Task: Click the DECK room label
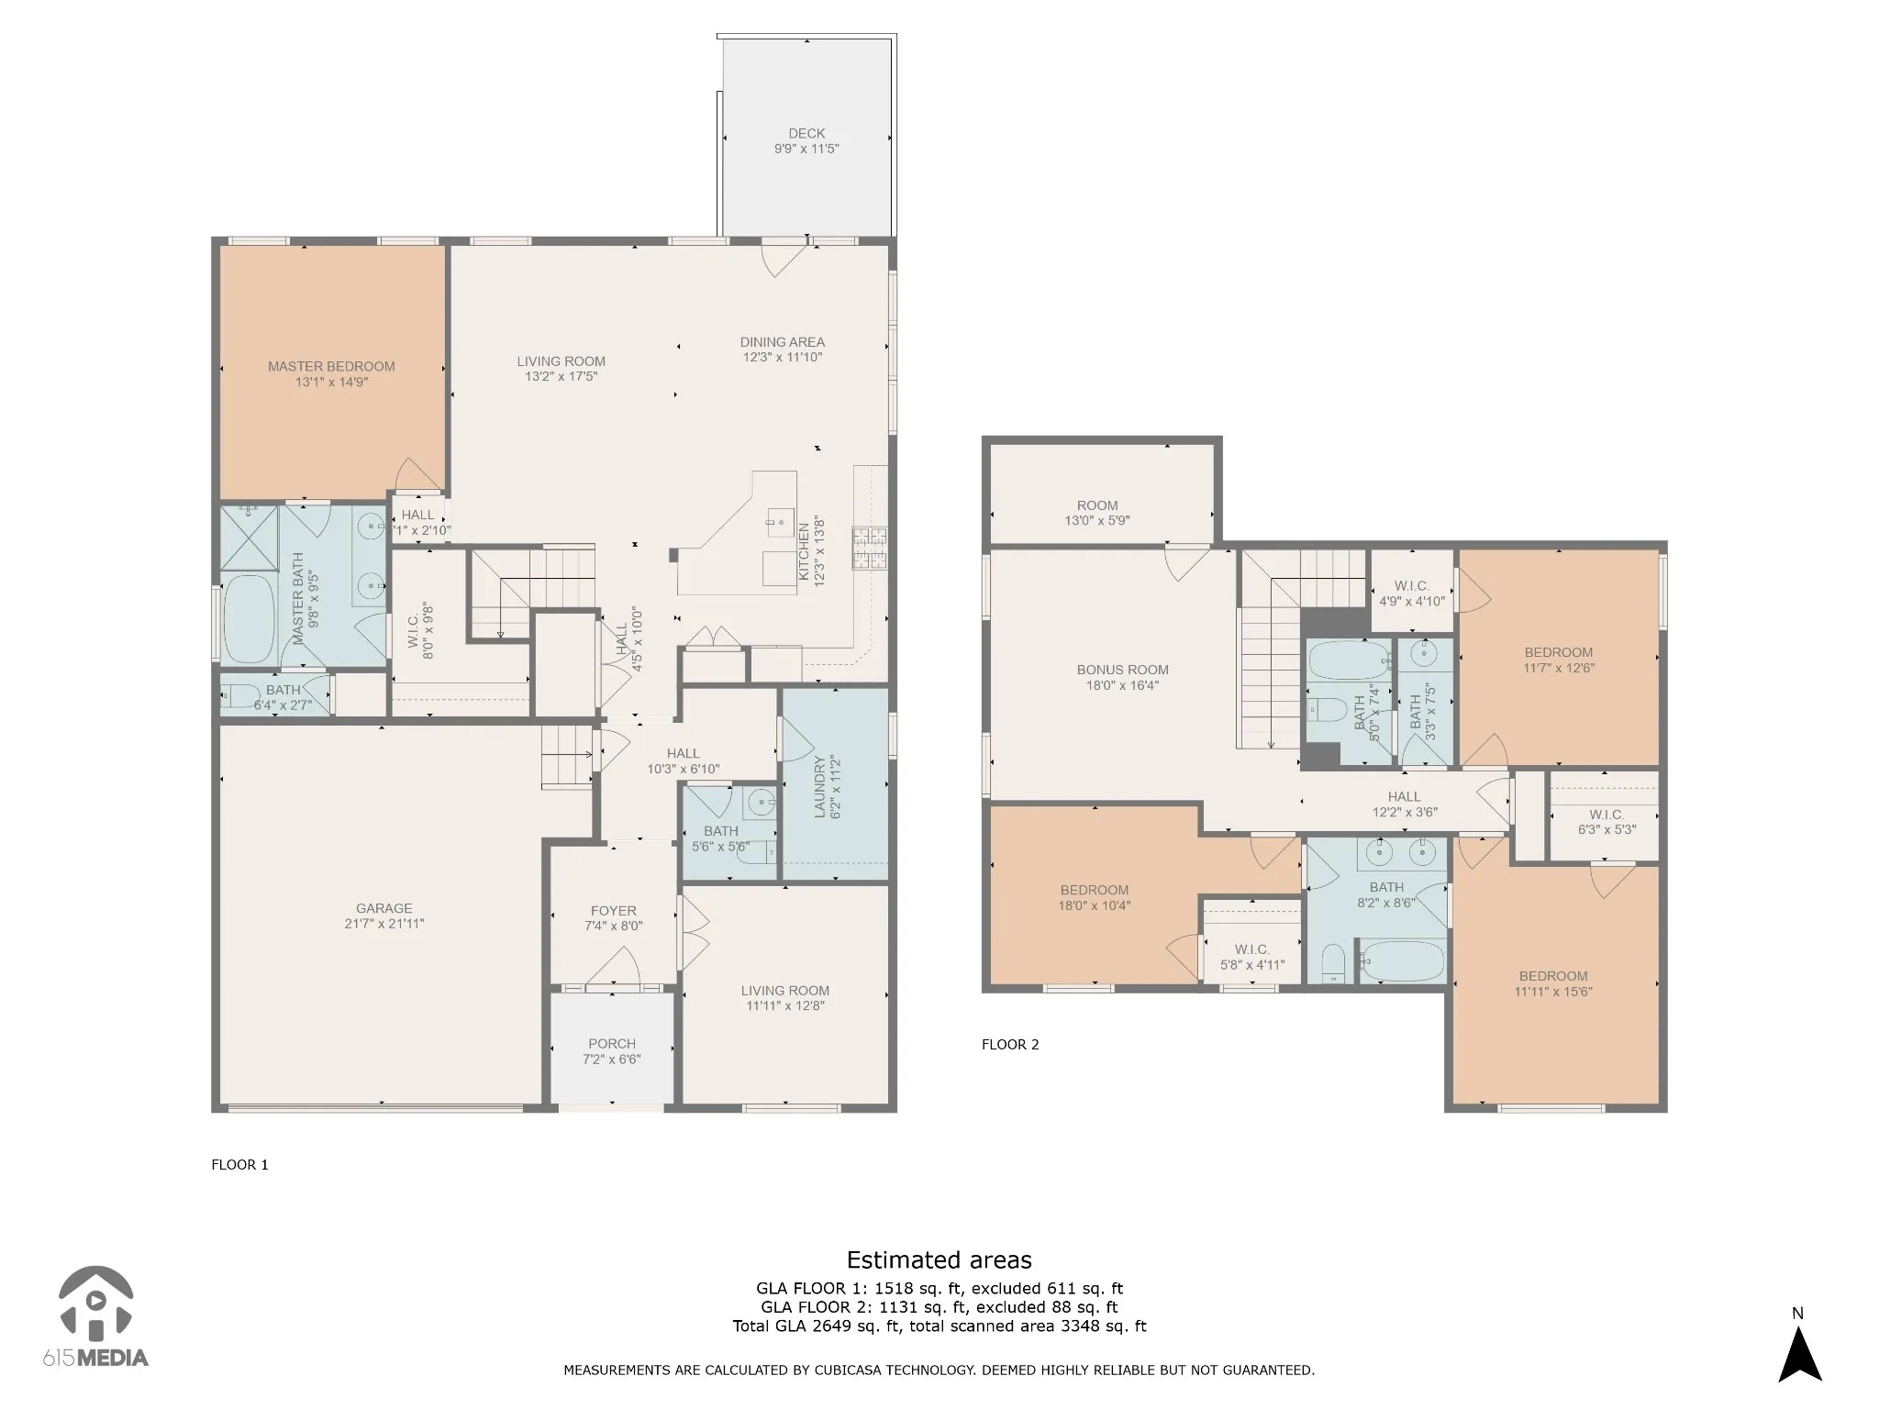pyautogui.click(x=806, y=133)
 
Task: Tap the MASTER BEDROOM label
pyautogui.click(x=331, y=366)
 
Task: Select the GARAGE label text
pyautogui.click(x=384, y=908)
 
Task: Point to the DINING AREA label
pyautogui.click(x=783, y=342)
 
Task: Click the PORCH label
pyautogui.click(x=612, y=1043)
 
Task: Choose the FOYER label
pyautogui.click(x=613, y=911)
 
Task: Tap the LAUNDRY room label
pyautogui.click(x=820, y=787)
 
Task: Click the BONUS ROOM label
pyautogui.click(x=1123, y=670)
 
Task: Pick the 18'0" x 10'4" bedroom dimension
pyautogui.click(x=1095, y=905)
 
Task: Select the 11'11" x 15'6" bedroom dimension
pyautogui.click(x=1553, y=992)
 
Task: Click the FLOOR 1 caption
pyautogui.click(x=239, y=1164)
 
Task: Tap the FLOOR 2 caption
pyautogui.click(x=1010, y=1044)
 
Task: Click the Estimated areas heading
pyautogui.click(x=939, y=1259)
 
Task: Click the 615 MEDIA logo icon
pyautogui.click(x=95, y=1303)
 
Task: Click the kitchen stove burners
pyautogui.click(x=870, y=549)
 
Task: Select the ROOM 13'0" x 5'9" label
pyautogui.click(x=1097, y=513)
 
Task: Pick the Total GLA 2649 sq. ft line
pyautogui.click(x=939, y=1326)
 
